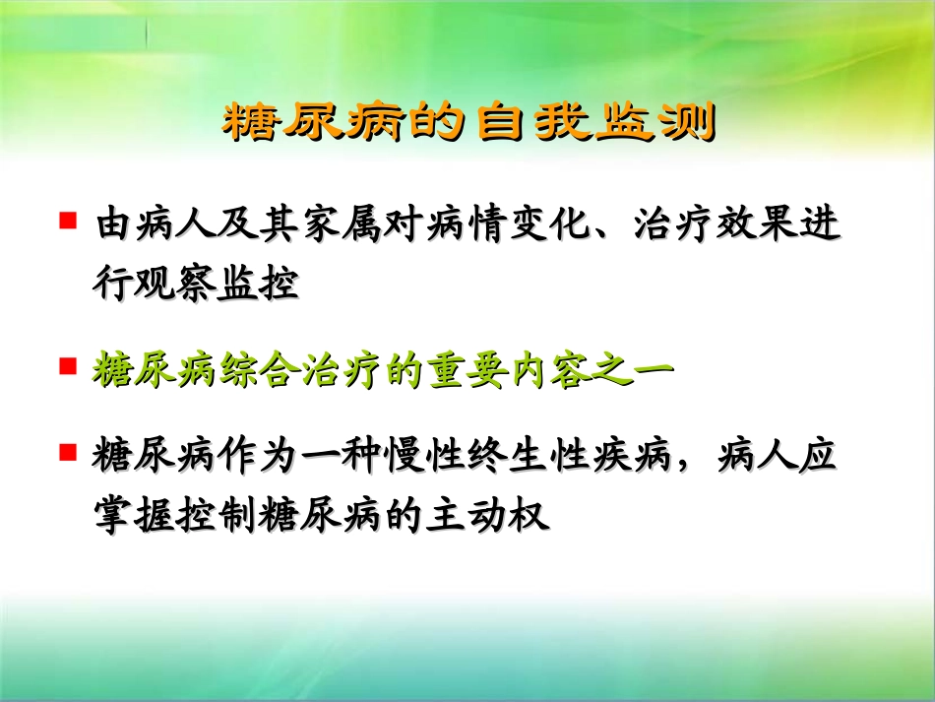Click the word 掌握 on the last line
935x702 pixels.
(x=128, y=515)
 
